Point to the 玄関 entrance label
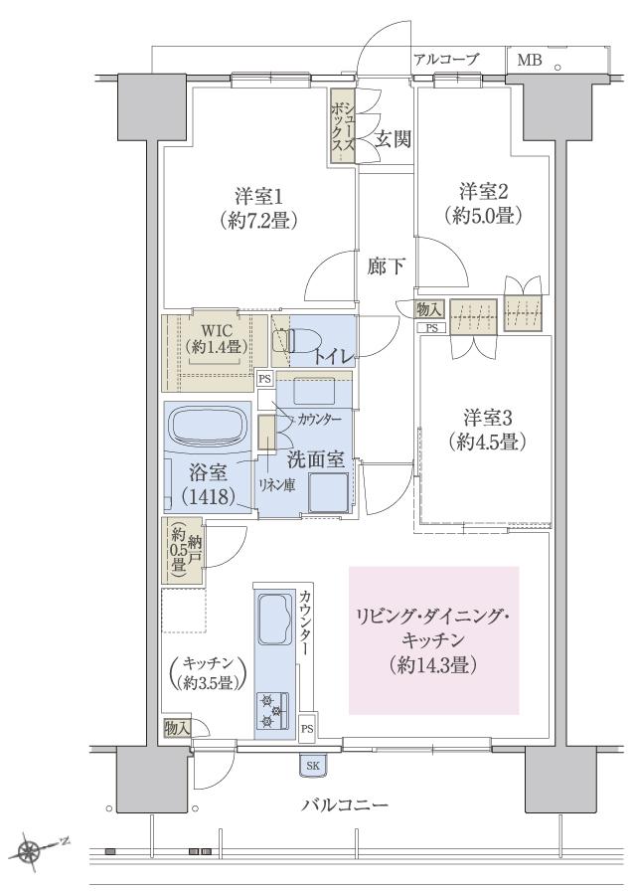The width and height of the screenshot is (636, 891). tap(392, 140)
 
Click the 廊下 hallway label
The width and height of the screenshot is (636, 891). tap(386, 267)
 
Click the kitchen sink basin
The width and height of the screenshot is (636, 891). tap(271, 624)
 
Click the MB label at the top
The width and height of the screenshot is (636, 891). tap(529, 60)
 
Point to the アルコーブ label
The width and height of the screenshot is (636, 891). tap(446, 60)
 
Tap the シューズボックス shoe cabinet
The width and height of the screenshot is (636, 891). tap(344, 123)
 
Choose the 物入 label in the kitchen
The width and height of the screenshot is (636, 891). tap(177, 729)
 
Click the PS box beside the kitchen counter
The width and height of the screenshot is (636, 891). tap(307, 728)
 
